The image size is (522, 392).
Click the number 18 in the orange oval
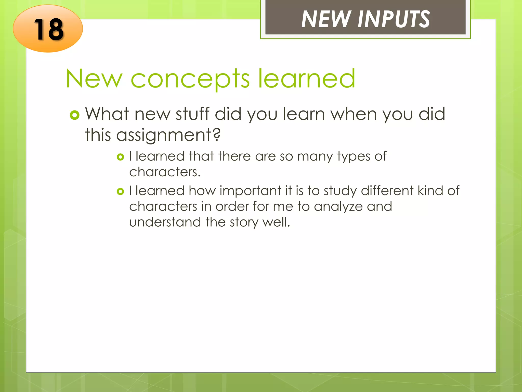[x=48, y=29]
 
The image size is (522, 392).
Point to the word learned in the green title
[x=307, y=78]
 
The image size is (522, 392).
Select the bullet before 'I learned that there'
[x=120, y=157]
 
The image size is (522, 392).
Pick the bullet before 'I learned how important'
[x=120, y=191]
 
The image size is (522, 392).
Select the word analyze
[x=338, y=206]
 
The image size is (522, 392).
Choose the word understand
[x=165, y=222]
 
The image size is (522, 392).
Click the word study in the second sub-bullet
[x=340, y=191]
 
